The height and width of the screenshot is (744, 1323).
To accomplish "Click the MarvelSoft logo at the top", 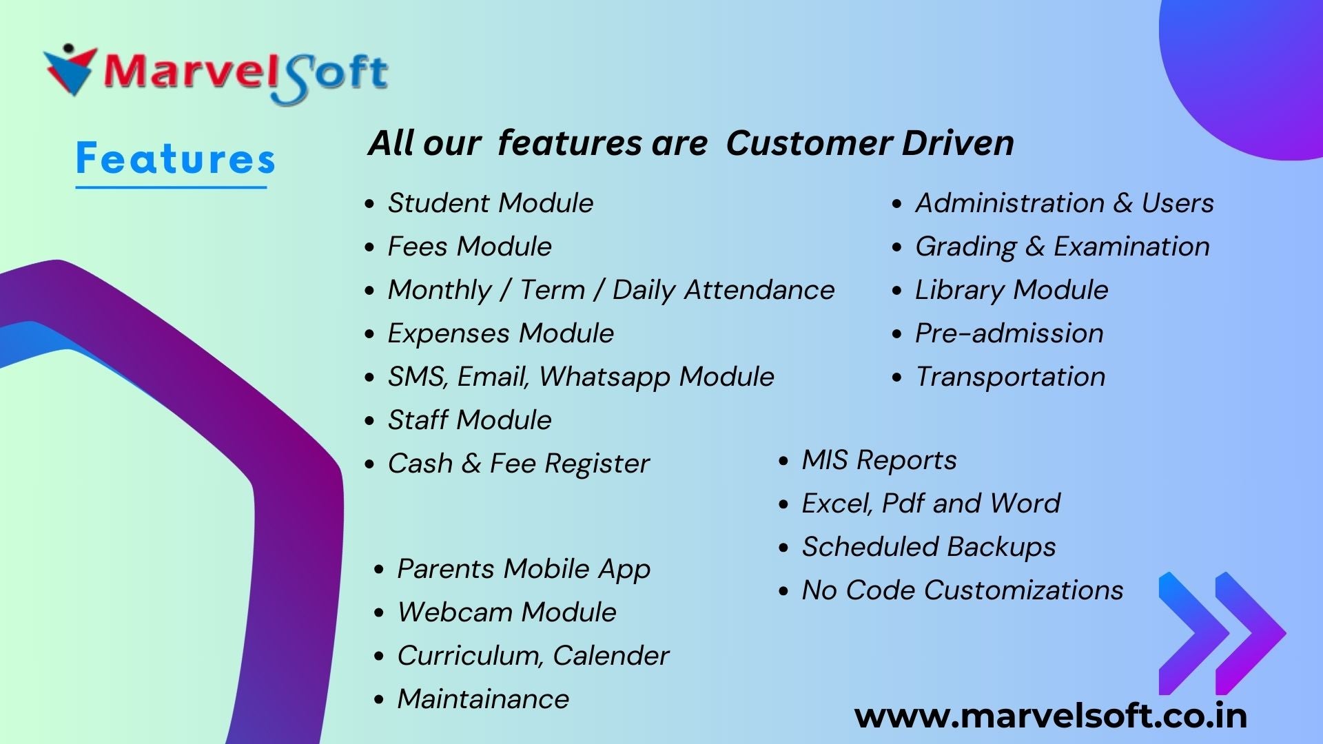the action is click(x=216, y=74).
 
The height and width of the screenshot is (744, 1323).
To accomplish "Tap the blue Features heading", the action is click(x=176, y=158).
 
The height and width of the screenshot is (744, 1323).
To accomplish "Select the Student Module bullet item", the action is click(x=491, y=203).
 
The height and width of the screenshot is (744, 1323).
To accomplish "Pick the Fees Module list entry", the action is click(x=470, y=247).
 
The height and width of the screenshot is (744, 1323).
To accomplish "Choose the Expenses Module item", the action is click(x=501, y=333).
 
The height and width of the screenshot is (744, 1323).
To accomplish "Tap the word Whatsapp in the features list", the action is click(x=604, y=377).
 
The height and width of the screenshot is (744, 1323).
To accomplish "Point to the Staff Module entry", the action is click(x=470, y=420).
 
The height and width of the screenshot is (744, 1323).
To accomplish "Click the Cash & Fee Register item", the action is click(x=519, y=464).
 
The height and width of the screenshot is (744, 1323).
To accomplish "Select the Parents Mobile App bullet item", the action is click(x=524, y=569).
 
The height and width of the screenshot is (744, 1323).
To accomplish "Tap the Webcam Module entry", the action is click(x=507, y=612).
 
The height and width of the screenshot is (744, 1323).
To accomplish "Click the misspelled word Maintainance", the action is click(x=484, y=699).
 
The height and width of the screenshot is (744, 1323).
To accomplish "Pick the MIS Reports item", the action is click(x=879, y=460).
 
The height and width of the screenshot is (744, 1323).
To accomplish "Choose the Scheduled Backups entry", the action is click(x=929, y=547).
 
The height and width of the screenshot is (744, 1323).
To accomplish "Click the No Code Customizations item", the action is click(x=963, y=590).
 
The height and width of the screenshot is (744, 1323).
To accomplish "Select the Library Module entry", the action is click(x=1012, y=290).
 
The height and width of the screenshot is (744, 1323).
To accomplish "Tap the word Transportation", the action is click(x=1010, y=377).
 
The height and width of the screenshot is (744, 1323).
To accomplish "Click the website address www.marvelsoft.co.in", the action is click(x=1051, y=716).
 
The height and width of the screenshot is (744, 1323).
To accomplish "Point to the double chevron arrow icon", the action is click(x=1222, y=633).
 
